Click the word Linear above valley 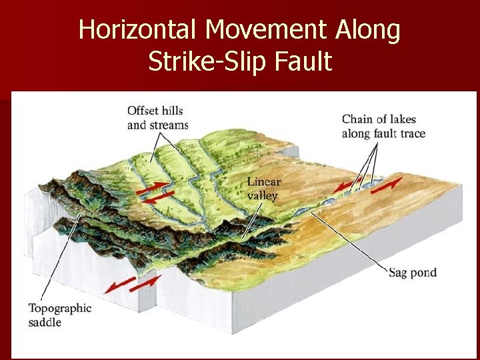tap(263, 182)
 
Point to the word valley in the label tap(261, 195)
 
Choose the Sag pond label tap(413, 273)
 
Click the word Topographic tap(60, 308)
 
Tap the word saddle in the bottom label tap(45, 322)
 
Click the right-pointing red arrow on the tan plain tap(387, 184)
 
